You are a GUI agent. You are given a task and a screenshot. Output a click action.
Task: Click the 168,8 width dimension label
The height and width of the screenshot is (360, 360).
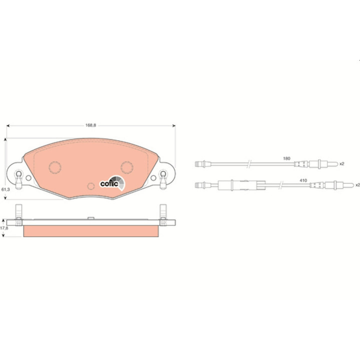90,125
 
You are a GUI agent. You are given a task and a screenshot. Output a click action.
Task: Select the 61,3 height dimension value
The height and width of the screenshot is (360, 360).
5,189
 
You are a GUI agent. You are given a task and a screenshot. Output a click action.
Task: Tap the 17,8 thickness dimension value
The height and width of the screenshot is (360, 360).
4,228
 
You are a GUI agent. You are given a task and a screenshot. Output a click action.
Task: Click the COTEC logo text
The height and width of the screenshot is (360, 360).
109,184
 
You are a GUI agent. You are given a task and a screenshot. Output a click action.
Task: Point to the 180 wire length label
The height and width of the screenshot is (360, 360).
286,158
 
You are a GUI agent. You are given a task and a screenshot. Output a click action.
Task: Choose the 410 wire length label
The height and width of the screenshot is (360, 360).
303,180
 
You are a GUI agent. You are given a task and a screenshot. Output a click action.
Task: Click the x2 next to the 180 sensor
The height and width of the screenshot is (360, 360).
342,163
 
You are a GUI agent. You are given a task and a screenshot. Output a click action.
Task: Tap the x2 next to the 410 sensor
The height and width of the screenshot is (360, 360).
357,185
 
